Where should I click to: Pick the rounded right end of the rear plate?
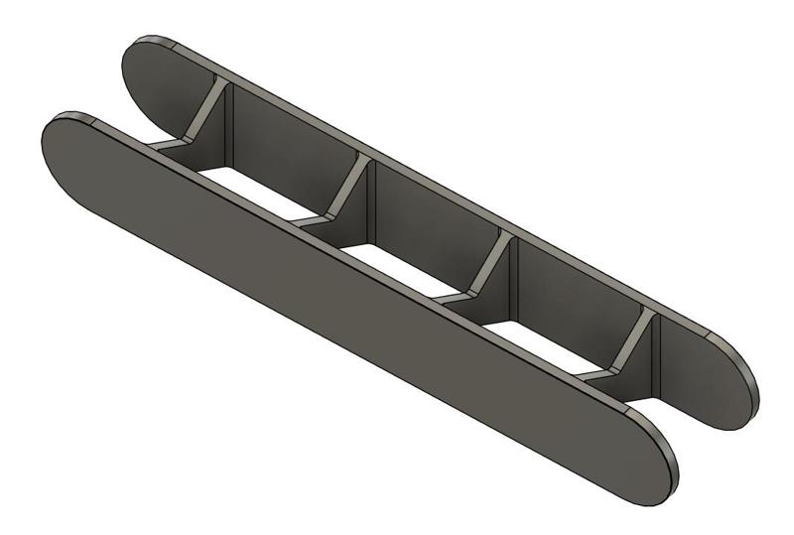pyautogui.click(x=734, y=387)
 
